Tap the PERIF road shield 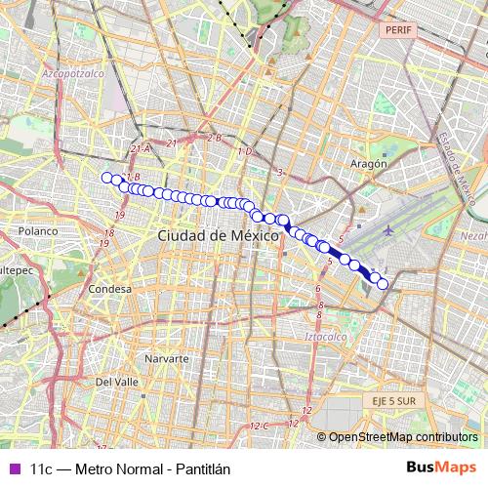coord(400,30)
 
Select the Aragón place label coord(369,163)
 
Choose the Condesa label coord(109,290)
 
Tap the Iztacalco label coord(326,337)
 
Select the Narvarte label coord(166,359)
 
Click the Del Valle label coord(117,382)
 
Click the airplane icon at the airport coord(390,230)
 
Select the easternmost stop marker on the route coord(383,284)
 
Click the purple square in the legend coord(14,468)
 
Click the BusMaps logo coord(441,468)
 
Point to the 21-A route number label coord(140,148)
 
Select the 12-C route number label coord(258,426)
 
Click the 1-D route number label coord(244,152)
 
